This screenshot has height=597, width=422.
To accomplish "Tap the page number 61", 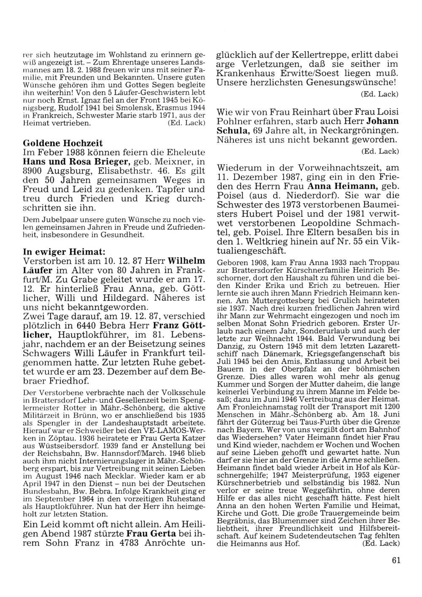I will coord(395,560).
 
